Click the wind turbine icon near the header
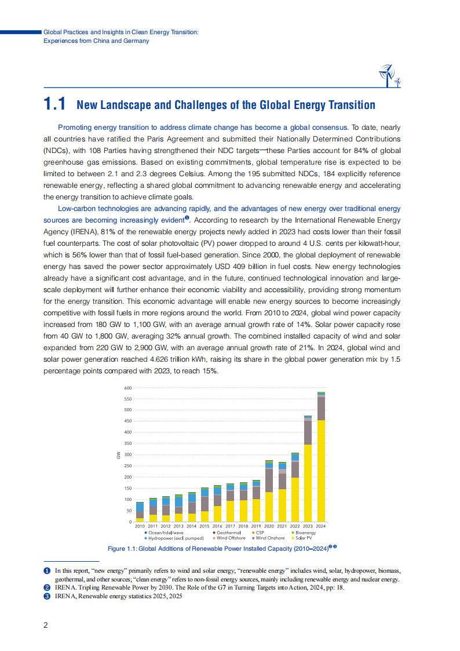(389, 75)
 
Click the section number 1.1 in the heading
(54, 104)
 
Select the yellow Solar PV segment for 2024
(321, 471)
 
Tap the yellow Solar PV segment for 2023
(308, 483)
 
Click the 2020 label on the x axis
(269, 526)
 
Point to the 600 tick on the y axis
(128, 388)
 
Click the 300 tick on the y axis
(128, 454)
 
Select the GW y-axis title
(118, 455)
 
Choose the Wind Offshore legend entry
(229, 538)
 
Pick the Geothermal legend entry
(227, 533)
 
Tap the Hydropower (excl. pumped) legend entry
(174, 538)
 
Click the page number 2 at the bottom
(46, 625)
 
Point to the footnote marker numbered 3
(47, 596)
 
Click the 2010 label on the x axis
(140, 526)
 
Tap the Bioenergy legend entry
(304, 533)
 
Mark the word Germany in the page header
(136, 41)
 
